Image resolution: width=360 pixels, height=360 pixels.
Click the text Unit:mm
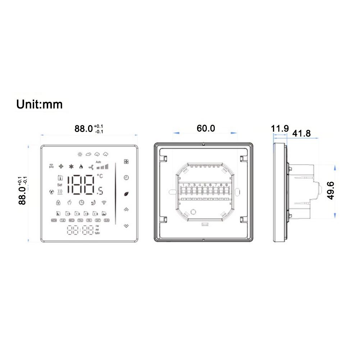[x=39, y=104]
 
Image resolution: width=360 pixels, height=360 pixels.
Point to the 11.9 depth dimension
[x=280, y=128]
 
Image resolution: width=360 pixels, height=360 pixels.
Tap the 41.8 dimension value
[x=301, y=133]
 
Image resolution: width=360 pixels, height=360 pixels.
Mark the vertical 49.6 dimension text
[x=331, y=191]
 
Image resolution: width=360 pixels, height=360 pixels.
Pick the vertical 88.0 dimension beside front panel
[x=23, y=192]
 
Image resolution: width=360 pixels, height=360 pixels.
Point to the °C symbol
[x=99, y=176]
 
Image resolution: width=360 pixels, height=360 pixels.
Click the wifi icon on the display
[x=104, y=202]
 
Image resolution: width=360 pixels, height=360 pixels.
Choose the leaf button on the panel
[x=126, y=193]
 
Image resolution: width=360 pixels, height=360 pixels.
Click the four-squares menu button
[x=126, y=162]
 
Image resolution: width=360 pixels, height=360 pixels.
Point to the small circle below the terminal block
[x=193, y=212]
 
